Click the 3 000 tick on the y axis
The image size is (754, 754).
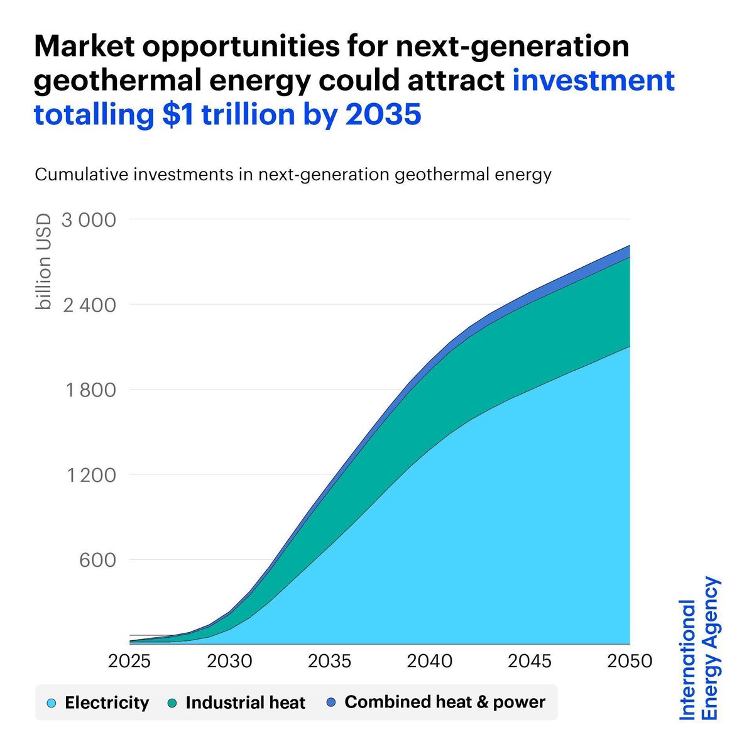89,220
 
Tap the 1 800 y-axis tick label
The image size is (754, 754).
91,390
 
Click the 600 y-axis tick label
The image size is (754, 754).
97,560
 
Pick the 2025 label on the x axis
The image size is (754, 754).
130,661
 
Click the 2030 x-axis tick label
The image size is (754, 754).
230,661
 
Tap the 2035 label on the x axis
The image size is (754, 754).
330,661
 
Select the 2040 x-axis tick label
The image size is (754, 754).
430,661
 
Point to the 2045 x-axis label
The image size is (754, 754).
530,661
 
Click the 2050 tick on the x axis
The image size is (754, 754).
629,661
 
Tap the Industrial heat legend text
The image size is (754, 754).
245,702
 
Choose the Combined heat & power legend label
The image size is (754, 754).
445,702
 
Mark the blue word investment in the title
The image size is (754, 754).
593,81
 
